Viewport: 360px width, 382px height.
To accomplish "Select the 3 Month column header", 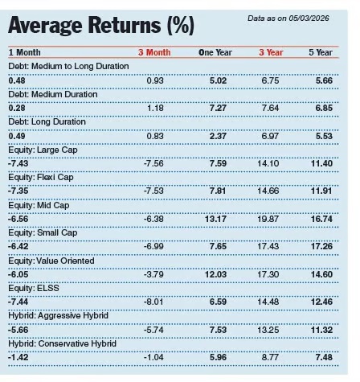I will click(154, 52).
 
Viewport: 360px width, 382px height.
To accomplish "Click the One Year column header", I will click(215, 52).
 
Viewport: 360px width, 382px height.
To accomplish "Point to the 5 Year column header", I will click(321, 52).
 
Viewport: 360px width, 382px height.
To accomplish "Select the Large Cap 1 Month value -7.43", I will click(19, 164).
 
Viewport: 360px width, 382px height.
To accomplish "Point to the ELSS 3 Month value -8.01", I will click(159, 302).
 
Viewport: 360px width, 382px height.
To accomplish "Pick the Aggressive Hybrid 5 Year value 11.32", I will click(321, 329).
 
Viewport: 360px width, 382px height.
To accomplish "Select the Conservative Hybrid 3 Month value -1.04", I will click(159, 357).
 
